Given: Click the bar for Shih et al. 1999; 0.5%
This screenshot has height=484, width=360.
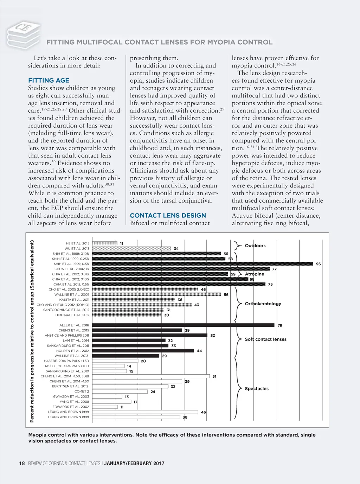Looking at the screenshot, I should click(202, 264).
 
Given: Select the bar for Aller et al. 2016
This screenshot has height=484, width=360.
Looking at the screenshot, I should click(183, 325).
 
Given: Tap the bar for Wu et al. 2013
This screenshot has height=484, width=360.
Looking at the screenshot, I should click(131, 248).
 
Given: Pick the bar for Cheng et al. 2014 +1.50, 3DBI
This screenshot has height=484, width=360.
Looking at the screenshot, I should click(151, 376).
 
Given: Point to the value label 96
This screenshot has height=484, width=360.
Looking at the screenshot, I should click(318, 264).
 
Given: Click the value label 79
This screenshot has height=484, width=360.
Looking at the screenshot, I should click(280, 325).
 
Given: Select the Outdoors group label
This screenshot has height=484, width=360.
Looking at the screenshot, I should click(255, 246).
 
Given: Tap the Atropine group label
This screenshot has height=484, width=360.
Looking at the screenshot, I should click(255, 274).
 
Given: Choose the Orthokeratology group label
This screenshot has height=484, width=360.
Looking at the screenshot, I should click(263, 304).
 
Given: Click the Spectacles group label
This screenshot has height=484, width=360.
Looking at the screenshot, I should click(257, 389).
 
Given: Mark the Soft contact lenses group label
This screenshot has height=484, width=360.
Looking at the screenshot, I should click(266, 339).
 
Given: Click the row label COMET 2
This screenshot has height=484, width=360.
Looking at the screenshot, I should click(82, 391).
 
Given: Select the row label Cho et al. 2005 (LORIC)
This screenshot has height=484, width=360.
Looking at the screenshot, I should click(69, 289).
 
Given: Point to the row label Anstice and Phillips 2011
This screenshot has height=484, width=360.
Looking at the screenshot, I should click(67, 336).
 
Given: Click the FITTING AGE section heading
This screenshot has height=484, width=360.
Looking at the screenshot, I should click(49, 81).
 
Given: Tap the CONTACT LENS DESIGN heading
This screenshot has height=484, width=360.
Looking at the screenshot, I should click(168, 216).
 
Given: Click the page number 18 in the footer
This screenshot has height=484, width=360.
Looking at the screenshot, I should click(22, 463).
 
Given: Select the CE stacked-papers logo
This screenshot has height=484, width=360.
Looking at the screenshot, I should click(23, 34).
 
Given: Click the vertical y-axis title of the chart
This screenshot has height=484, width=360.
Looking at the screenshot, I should click(32, 331).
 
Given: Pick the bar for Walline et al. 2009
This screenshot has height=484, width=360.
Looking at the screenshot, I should click(156, 294).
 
